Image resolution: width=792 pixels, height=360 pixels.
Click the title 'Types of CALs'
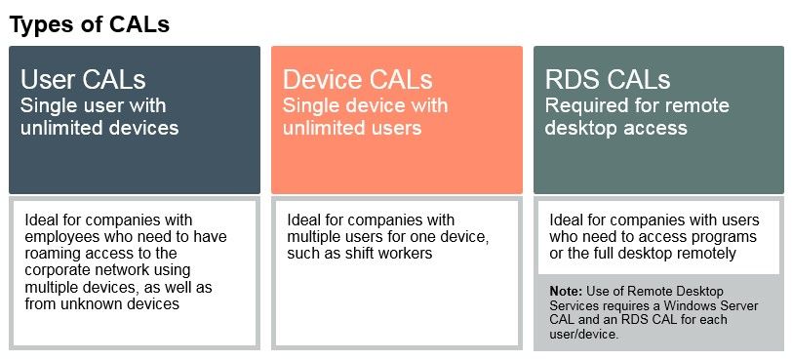click(x=90, y=24)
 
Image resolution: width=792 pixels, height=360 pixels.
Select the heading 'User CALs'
click(x=83, y=80)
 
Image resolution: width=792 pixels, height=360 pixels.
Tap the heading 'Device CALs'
click(x=358, y=80)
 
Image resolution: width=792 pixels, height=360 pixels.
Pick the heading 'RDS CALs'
click(x=608, y=80)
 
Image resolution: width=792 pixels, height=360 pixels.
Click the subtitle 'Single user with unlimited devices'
click(x=99, y=117)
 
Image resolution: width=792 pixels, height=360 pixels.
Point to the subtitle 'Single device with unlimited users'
click(x=365, y=117)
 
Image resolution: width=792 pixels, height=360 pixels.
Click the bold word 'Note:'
click(x=567, y=292)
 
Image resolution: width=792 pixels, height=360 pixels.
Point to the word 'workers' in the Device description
click(x=409, y=253)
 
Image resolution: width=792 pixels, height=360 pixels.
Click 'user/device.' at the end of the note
click(x=584, y=335)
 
